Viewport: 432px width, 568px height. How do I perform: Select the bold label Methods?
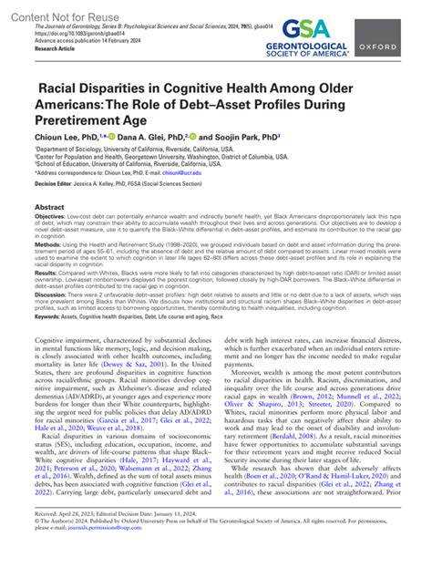[49, 271]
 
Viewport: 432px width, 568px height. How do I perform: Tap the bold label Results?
[48, 297]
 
